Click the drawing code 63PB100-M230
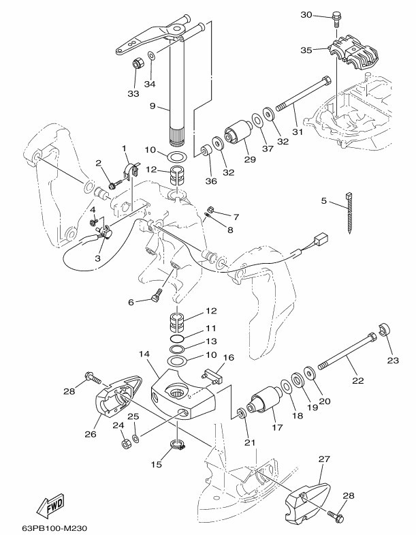tap(54, 527)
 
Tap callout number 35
tap(306, 50)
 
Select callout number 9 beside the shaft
tap(154, 106)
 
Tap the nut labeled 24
tap(125, 444)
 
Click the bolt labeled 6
tap(157, 294)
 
